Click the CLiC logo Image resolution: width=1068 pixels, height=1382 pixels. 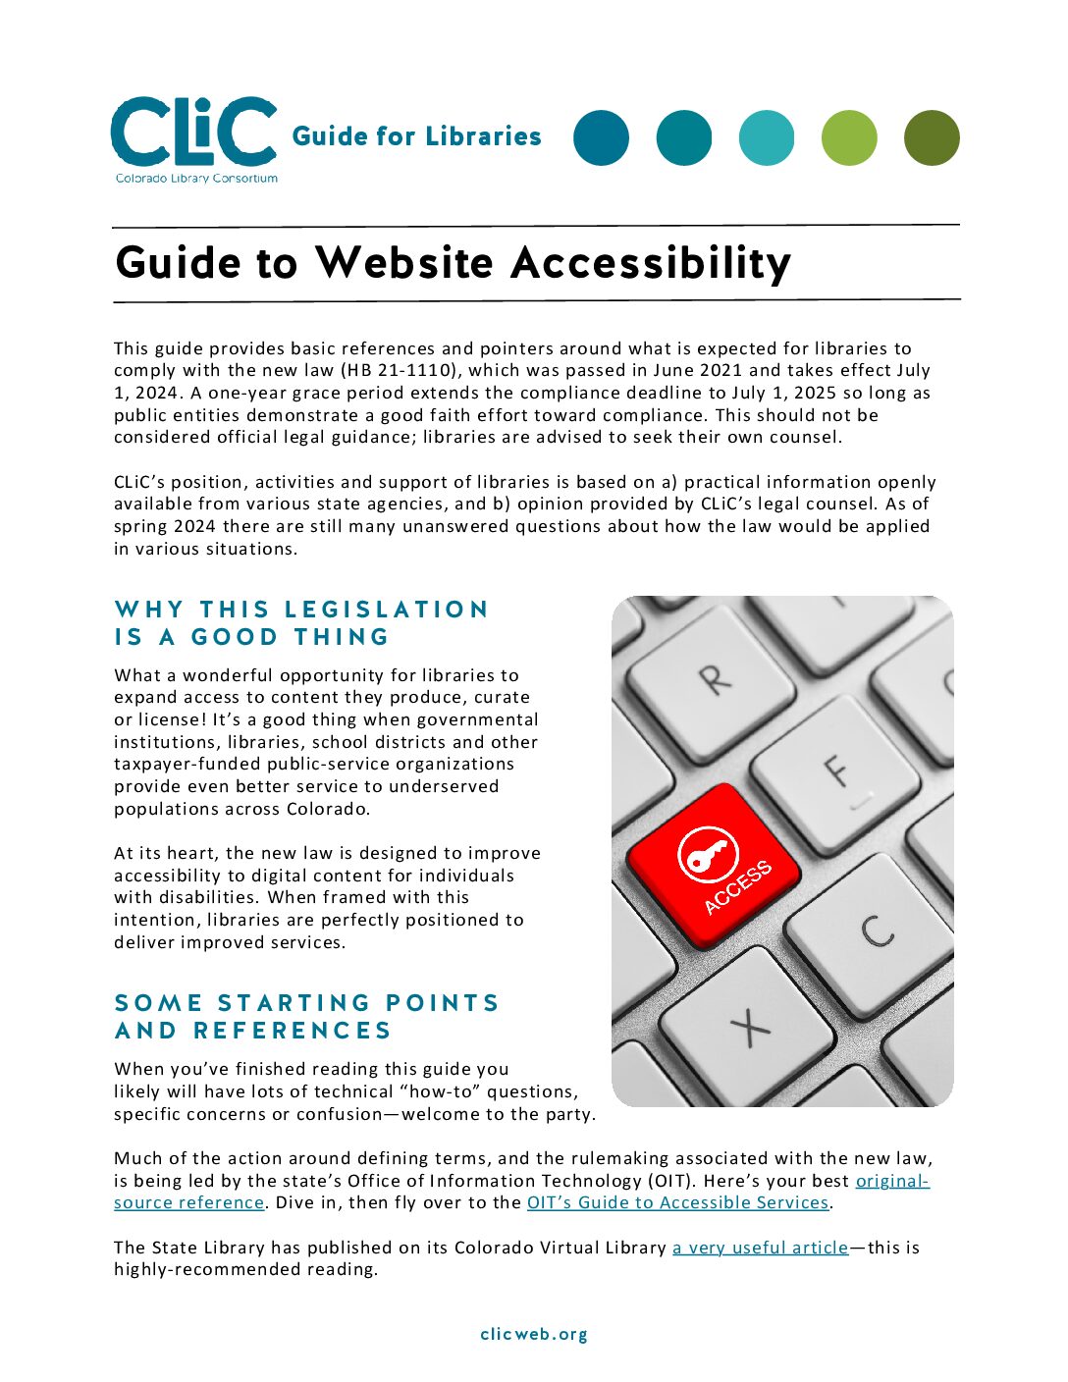[194, 138]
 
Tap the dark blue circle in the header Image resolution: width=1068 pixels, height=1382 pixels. [601, 137]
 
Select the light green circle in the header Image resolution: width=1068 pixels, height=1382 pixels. [849, 137]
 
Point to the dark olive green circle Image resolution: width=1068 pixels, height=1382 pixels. [932, 137]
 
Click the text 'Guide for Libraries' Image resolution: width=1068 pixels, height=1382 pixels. [416, 136]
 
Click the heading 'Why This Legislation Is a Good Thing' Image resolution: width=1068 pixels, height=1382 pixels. [301, 623]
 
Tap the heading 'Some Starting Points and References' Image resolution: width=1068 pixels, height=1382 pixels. [307, 1017]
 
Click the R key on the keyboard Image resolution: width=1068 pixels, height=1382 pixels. [714, 678]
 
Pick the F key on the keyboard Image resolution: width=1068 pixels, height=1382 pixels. [835, 770]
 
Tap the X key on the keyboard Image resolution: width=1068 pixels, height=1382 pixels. [751, 1027]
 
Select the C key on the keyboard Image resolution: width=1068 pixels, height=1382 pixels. [877, 930]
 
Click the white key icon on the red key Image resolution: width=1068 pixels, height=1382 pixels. [705, 855]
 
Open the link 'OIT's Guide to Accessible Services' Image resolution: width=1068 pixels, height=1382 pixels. [677, 1203]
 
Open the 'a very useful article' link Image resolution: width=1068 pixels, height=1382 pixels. [760, 1248]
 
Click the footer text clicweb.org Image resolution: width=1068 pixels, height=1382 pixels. [534, 1335]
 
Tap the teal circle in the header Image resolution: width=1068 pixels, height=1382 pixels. [684, 137]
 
